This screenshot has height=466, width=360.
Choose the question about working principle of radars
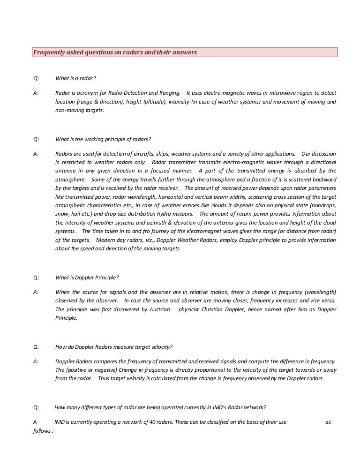(103, 139)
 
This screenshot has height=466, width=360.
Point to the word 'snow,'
(62, 214)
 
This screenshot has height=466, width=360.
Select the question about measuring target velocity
(114, 347)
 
